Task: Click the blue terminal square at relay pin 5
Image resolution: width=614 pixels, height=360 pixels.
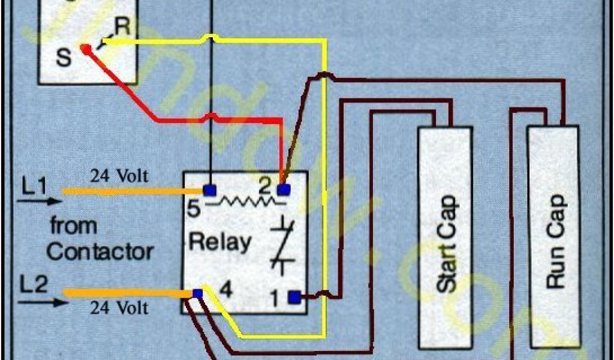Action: [209, 191]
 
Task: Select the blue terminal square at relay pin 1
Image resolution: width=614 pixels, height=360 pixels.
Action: [294, 296]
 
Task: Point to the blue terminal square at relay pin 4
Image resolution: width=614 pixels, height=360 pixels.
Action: [197, 293]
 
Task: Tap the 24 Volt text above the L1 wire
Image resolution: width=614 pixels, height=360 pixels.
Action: [119, 177]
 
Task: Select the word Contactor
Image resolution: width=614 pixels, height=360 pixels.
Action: [100, 251]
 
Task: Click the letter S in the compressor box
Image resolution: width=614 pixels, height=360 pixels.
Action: [62, 58]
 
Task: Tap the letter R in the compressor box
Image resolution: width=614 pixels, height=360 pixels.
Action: [122, 26]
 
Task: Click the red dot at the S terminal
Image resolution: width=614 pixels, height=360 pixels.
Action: [86, 47]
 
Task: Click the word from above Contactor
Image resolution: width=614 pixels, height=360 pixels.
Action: [73, 226]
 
